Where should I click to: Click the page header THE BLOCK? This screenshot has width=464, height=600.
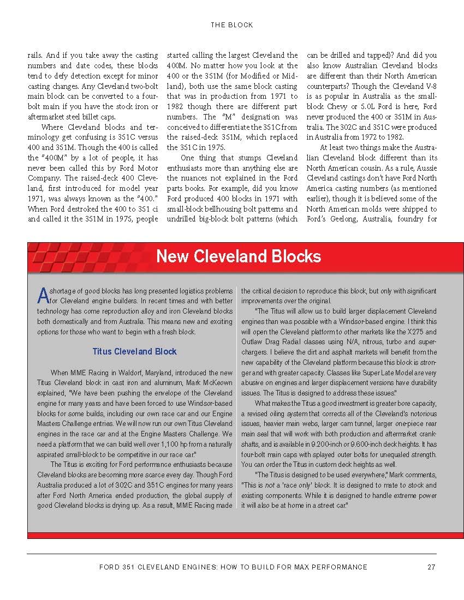(x=231, y=25)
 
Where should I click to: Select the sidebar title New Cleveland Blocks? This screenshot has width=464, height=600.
(x=239, y=256)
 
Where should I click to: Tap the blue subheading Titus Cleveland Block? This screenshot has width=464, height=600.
(x=134, y=352)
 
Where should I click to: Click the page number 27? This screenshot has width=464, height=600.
(x=431, y=567)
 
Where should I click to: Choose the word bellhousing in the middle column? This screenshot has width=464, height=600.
(x=241, y=209)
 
